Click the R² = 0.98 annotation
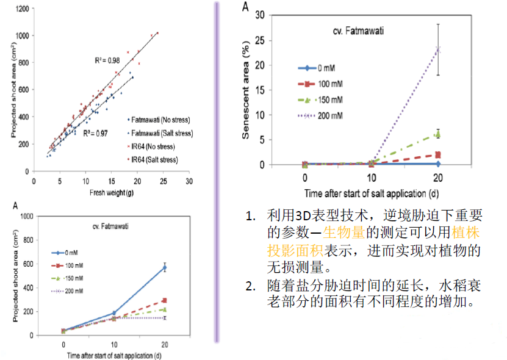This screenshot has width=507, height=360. point(107,60)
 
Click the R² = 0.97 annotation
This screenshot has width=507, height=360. point(95,132)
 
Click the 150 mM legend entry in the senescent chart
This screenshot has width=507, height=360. point(327,99)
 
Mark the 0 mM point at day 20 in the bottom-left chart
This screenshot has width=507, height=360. point(164,267)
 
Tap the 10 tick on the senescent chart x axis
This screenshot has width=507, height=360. point(372,178)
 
